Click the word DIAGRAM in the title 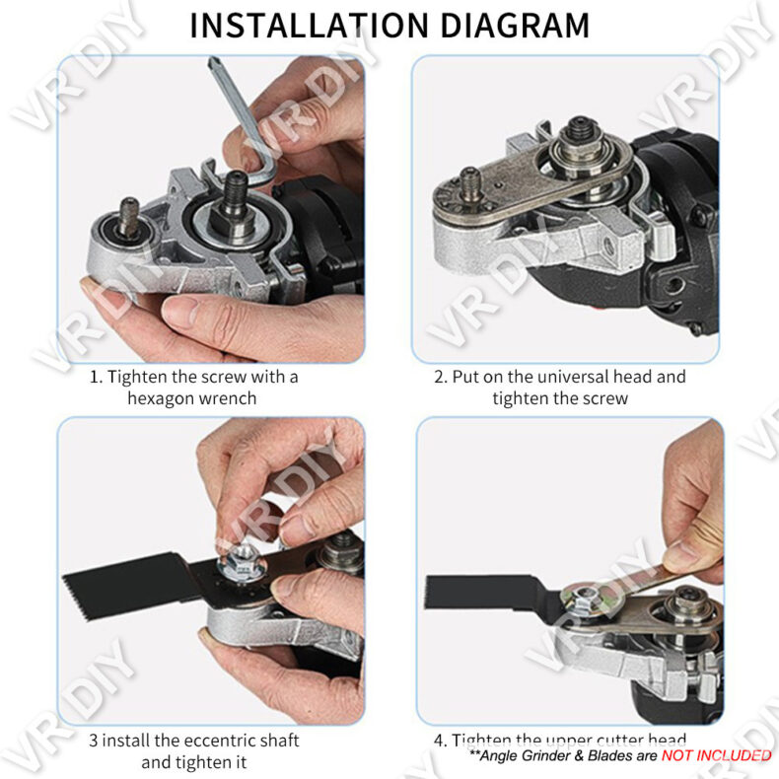pyautogui.click(x=515, y=26)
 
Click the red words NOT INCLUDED pyautogui.click(x=717, y=755)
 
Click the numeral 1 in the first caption pyautogui.click(x=95, y=377)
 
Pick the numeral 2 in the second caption pyautogui.click(x=440, y=377)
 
